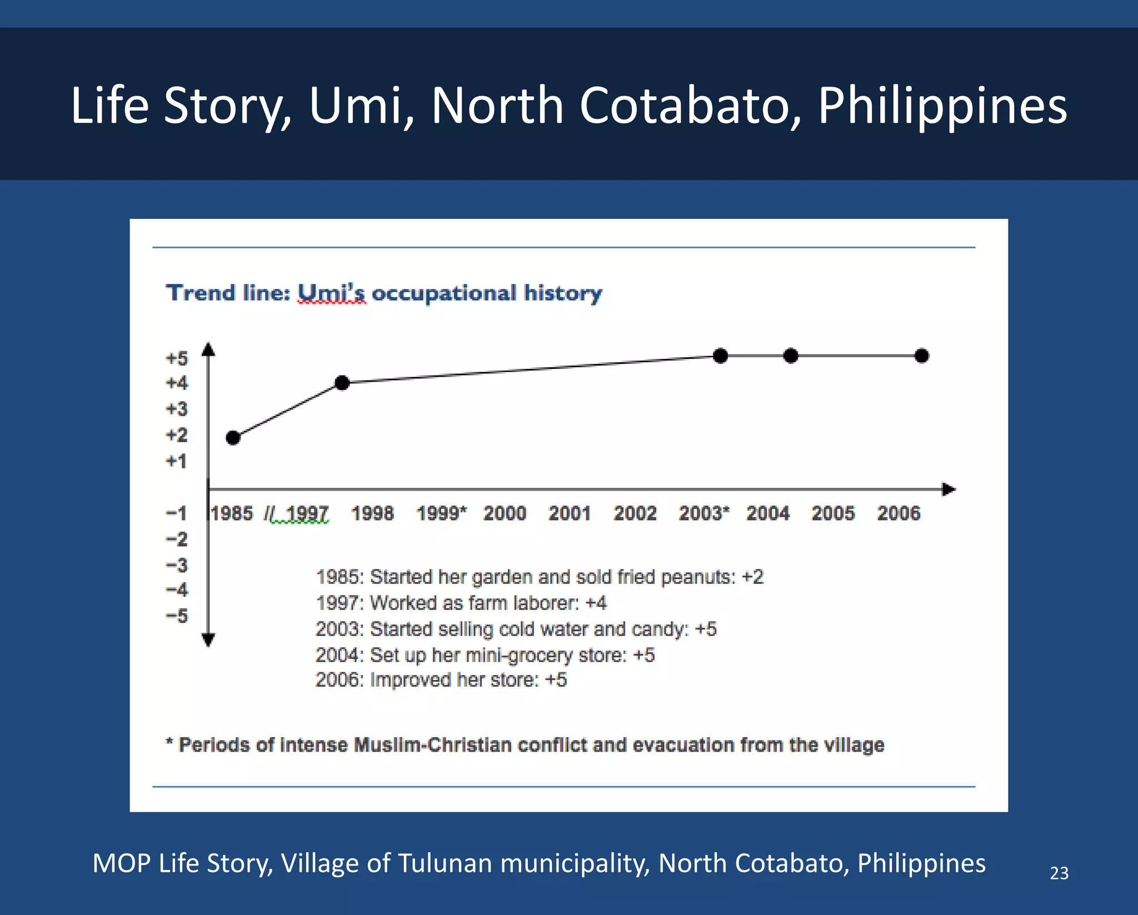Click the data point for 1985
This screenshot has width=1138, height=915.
coord(233,438)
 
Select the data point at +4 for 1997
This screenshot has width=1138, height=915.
coord(342,383)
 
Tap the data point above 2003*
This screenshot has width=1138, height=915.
coord(720,356)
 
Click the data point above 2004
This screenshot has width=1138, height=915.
coord(791,356)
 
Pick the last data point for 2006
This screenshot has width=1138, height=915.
coord(921,356)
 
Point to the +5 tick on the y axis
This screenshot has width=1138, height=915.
coord(177,358)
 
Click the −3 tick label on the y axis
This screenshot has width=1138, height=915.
coord(177,565)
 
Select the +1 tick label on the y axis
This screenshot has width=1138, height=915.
coord(177,461)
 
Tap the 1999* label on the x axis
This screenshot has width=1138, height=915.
coord(442,513)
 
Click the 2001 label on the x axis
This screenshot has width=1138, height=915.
coord(570,513)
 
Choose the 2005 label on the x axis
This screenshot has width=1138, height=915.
coord(833,513)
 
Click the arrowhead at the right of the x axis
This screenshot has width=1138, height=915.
coord(949,489)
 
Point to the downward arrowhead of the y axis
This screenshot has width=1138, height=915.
coord(208,641)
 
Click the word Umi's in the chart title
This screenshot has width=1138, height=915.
coord(332,293)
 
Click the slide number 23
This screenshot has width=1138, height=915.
coord(1059,873)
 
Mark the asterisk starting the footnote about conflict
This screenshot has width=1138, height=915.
coord(169,742)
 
